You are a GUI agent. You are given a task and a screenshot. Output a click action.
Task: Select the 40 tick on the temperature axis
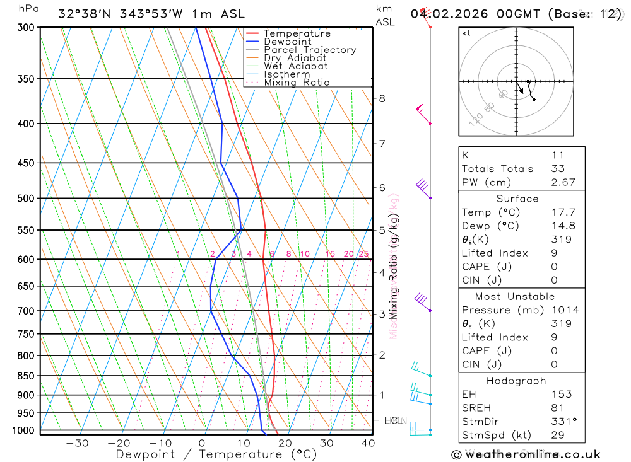point(367,443)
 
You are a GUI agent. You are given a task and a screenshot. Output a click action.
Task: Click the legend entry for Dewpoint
point(287,42)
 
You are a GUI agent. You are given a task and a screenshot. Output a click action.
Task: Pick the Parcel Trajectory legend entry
point(310,50)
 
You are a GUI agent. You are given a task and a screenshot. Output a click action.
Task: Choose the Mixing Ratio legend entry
point(297,83)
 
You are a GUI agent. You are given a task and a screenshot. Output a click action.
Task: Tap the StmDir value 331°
point(560,421)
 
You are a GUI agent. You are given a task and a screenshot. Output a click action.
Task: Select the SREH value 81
point(557,408)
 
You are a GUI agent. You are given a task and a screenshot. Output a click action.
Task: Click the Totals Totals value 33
point(557,168)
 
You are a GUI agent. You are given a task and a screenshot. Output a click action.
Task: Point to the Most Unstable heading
point(515,296)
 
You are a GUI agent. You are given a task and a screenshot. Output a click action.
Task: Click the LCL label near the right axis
point(394,420)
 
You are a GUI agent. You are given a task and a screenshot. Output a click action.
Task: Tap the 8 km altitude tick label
point(382,98)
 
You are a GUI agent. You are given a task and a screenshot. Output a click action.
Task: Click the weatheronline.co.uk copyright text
point(526,454)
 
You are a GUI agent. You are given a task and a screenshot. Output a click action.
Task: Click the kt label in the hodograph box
point(466,33)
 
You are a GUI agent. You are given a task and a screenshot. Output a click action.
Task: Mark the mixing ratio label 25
point(363,254)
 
